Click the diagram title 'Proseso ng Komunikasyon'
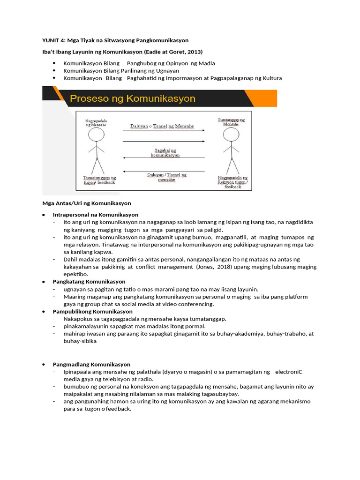pos(133,99)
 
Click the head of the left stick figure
pos(96,135)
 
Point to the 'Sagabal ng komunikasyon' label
pos(165,152)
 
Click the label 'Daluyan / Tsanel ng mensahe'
pos(167,177)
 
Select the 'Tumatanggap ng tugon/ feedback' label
pos(99,180)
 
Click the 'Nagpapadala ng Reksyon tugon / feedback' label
pos(232,182)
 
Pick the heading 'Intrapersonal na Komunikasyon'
pos(95,215)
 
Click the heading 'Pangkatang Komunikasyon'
pos(89,282)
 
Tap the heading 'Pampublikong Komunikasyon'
pos(92,311)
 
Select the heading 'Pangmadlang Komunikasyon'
pos(91,364)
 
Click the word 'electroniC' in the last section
pos(289,372)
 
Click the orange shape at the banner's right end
pos(262,98)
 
